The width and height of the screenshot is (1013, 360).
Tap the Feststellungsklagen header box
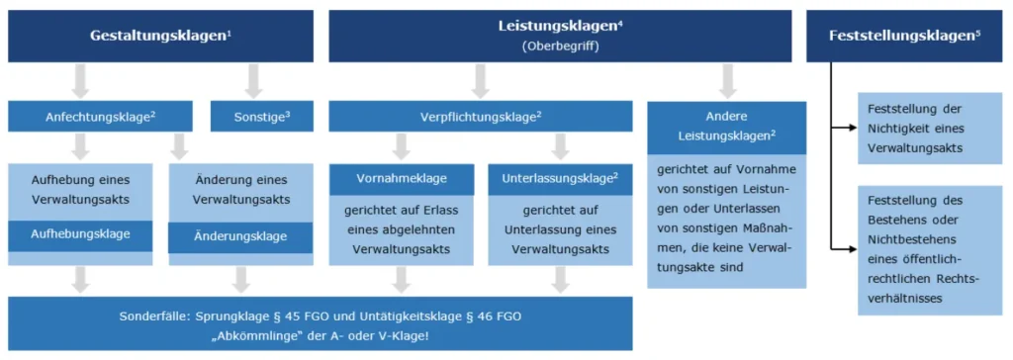pos(907,36)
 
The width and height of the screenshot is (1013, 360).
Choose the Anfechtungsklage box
pos(101,116)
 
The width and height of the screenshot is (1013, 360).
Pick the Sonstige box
pos(261,116)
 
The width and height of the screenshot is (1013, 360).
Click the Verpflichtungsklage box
pos(481,116)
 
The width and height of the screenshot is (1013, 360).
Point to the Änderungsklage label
pos(241,236)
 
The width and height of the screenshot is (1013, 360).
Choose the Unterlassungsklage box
pos(560,179)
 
